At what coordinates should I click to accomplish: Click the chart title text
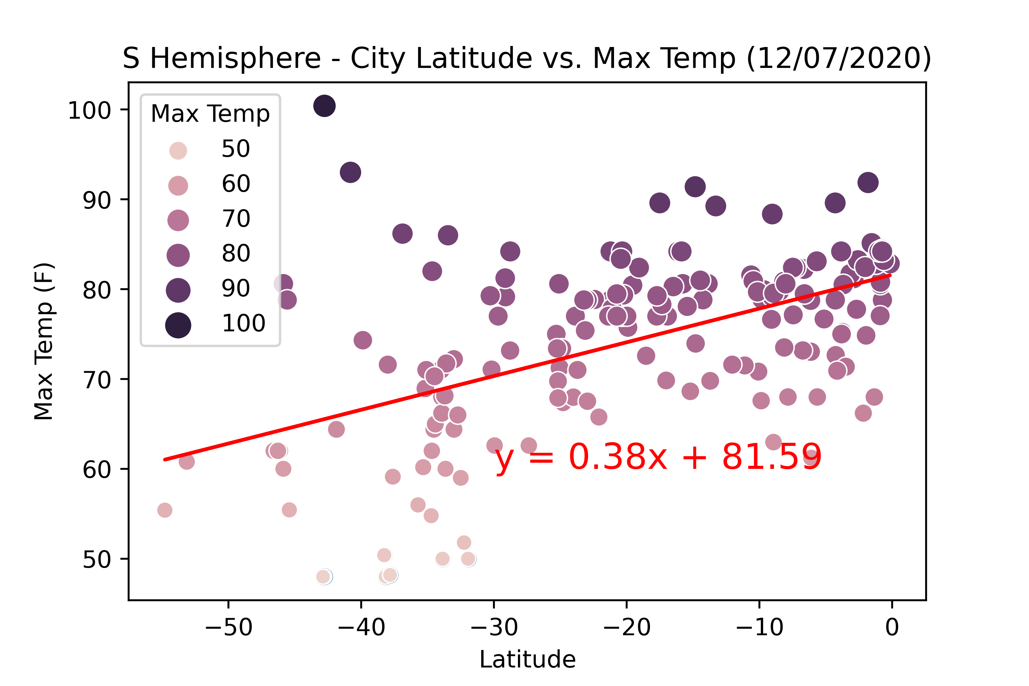(527, 58)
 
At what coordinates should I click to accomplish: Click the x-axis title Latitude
(527, 659)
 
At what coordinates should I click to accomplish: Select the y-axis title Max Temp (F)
(44, 341)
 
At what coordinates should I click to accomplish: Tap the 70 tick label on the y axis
(97, 380)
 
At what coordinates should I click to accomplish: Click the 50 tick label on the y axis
(97, 559)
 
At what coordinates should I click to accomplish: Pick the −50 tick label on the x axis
(228, 627)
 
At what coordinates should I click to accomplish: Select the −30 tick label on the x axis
(494, 627)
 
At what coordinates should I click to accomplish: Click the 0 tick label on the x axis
(891, 627)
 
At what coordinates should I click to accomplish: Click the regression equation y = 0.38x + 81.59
(658, 457)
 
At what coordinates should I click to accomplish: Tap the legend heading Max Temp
(210, 114)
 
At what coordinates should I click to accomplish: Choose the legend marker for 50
(178, 151)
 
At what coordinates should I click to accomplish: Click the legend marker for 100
(178, 325)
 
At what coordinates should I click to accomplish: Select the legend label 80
(236, 253)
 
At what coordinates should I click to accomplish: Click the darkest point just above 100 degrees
(324, 106)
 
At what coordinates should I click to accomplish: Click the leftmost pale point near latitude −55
(165, 510)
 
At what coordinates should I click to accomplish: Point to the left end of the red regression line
(165, 459)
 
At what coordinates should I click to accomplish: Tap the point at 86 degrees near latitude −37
(402, 234)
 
